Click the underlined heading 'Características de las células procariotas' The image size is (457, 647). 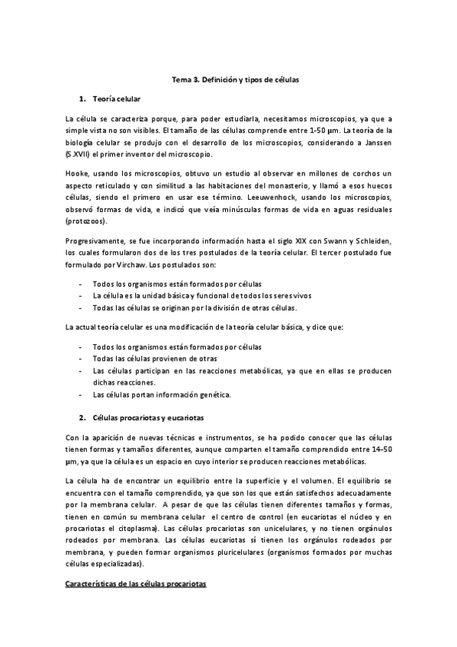click(136, 584)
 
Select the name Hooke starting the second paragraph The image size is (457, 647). click(77, 175)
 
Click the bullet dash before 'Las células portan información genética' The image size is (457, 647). click(81, 395)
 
